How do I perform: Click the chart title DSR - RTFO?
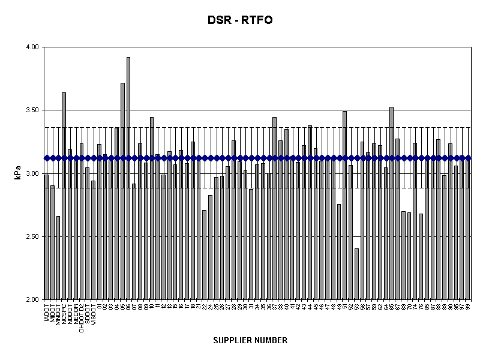pos(240,21)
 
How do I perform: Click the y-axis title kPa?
pos(18,173)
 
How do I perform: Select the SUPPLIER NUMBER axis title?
pos(250,340)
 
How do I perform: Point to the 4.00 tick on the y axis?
pos(31,47)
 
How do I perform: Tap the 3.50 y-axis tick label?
pos(31,110)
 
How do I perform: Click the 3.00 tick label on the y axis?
pos(31,173)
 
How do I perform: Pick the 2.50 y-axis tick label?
pos(31,237)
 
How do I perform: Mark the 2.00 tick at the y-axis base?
pos(31,300)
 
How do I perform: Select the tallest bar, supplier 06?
pos(128,180)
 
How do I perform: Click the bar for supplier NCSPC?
pos(64,198)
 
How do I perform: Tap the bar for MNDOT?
pos(58,258)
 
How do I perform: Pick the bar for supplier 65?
pos(391,204)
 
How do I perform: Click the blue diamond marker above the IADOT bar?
pos(46,158)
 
